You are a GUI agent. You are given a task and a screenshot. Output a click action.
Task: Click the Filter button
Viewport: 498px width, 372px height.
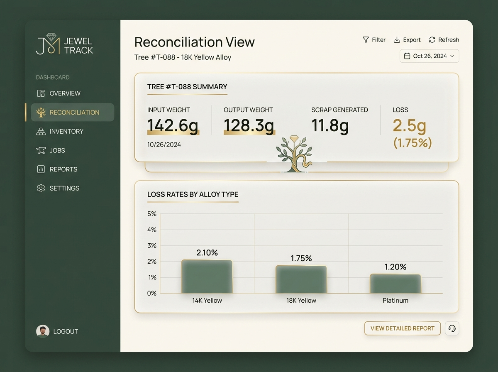(x=374, y=40)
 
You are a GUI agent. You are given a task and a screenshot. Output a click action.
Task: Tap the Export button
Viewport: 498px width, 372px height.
(x=407, y=40)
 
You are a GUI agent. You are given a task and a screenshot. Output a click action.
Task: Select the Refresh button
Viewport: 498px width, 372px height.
(x=444, y=40)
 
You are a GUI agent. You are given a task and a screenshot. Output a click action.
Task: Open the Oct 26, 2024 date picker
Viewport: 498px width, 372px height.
(x=429, y=56)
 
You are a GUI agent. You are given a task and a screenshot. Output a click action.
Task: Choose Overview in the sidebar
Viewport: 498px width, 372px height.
(x=59, y=93)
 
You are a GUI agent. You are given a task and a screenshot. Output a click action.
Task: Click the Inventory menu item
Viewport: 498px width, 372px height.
(x=60, y=132)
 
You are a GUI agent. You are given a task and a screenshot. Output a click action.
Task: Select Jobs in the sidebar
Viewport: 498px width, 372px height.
(x=51, y=150)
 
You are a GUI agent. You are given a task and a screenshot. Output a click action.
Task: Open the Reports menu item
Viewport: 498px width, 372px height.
(x=57, y=169)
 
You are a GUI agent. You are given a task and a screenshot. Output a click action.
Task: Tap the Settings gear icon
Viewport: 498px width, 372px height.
(x=41, y=188)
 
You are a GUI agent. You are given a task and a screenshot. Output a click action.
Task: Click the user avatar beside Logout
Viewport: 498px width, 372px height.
(x=43, y=331)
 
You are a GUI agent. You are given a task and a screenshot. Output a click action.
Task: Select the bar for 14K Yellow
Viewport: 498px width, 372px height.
(x=207, y=277)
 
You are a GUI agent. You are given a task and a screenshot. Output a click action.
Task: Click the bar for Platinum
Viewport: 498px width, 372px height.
(x=395, y=284)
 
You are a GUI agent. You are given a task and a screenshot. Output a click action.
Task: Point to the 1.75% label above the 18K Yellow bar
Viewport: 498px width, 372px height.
(x=301, y=258)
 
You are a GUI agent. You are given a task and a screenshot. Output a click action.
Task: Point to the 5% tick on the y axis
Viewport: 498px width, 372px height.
(x=152, y=214)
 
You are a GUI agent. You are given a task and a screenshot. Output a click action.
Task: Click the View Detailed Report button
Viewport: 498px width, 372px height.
(x=403, y=328)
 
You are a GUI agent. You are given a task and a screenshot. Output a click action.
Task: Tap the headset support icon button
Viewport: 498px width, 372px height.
(x=452, y=328)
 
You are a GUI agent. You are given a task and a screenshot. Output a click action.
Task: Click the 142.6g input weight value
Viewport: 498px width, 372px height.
(x=173, y=125)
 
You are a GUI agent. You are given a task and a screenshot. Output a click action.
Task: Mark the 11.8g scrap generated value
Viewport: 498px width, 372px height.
(x=330, y=125)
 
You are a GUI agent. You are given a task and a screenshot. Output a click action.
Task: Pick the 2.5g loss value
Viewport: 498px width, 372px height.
(x=410, y=125)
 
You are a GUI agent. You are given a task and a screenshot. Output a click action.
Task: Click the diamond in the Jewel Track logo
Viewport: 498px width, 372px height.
(x=51, y=37)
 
